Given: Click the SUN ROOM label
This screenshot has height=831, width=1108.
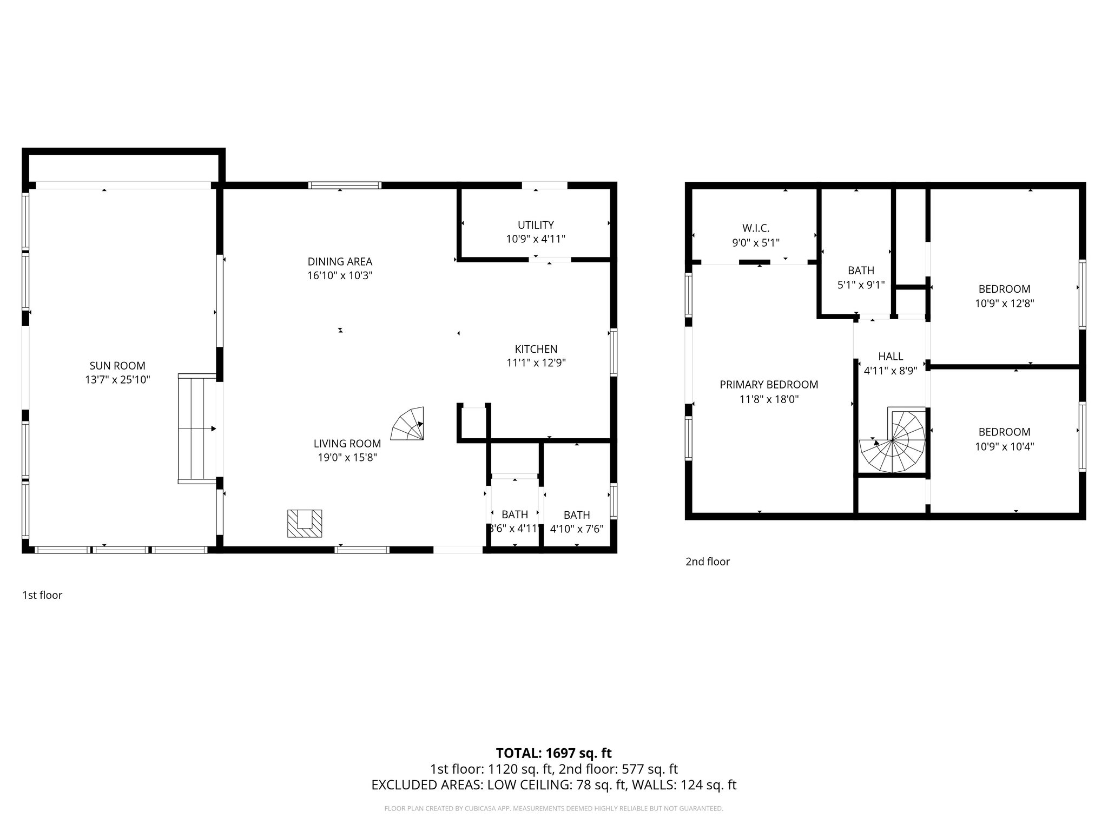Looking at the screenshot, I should click(117, 366).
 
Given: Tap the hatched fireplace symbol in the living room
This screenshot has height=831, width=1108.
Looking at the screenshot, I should click(305, 523).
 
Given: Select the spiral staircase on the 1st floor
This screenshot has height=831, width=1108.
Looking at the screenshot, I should click(408, 424).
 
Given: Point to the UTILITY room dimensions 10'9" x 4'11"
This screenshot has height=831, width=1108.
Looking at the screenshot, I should click(536, 239).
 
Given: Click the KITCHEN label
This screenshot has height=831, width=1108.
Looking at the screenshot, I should click(536, 349).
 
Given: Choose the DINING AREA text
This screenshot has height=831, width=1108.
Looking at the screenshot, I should click(340, 262).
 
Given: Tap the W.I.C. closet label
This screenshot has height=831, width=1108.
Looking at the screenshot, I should click(755, 228).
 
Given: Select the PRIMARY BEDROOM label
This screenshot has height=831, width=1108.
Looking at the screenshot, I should click(769, 385).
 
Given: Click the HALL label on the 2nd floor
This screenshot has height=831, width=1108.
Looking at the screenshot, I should click(891, 357).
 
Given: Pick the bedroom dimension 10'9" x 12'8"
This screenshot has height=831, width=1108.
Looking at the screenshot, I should click(1004, 304).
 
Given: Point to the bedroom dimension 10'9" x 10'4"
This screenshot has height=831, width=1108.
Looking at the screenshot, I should click(1004, 446).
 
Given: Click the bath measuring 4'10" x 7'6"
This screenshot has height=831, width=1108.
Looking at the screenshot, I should click(577, 522).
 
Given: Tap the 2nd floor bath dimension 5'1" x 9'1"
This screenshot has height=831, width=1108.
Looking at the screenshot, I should click(861, 285).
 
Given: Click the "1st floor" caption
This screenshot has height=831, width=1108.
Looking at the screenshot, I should click(42, 595).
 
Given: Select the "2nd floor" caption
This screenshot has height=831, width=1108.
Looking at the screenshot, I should click(708, 562).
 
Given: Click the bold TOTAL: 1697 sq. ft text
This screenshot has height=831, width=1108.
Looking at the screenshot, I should click(553, 753).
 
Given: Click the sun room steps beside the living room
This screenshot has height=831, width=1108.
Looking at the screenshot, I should click(197, 428).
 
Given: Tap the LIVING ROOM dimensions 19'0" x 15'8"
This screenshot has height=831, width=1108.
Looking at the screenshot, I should click(347, 458).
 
